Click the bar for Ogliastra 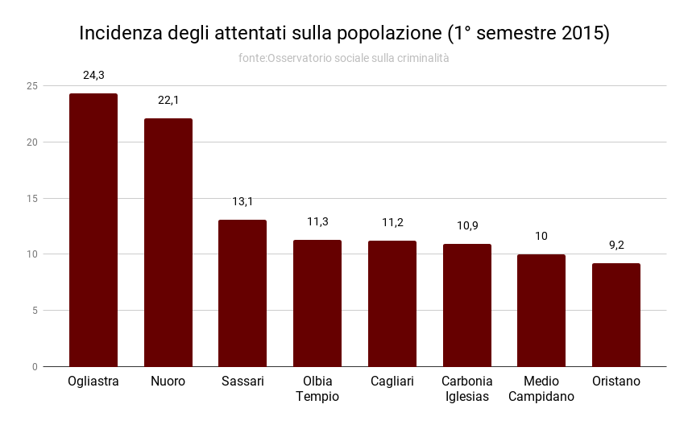coord(93,229)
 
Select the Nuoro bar coord(168,242)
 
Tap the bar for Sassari coord(242,293)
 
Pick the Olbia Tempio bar coord(317,303)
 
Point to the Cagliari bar coord(392,303)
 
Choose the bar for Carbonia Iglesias coord(467,305)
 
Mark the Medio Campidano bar coord(541,310)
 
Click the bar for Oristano coord(616,315)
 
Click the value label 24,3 coord(93,75)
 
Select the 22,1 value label coord(168,100)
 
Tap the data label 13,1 coord(242,201)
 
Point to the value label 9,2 coord(616,245)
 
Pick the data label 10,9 coord(467,225)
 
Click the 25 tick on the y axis coord(32,86)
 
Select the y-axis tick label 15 coord(32,198)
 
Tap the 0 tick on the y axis coord(35,366)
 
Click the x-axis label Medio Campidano coord(541,389)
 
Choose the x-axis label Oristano coord(616,382)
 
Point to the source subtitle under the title coord(344,58)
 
